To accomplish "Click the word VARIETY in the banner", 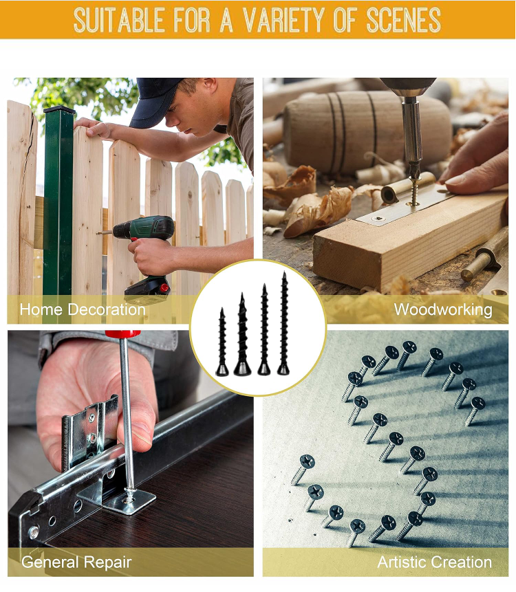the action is click(283, 20).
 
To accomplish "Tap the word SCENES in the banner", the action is click(403, 20).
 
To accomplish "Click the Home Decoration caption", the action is click(83, 309).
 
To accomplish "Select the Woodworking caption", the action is click(443, 309).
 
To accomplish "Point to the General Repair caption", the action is click(76, 562).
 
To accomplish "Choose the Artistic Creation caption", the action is click(434, 562).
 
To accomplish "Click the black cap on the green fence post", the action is click(59, 110).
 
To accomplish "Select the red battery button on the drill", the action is click(164, 288).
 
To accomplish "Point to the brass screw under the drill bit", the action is click(415, 192).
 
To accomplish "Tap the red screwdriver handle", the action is click(122, 334).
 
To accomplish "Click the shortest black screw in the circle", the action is click(222, 342).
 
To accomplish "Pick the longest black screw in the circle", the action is click(283, 324).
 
